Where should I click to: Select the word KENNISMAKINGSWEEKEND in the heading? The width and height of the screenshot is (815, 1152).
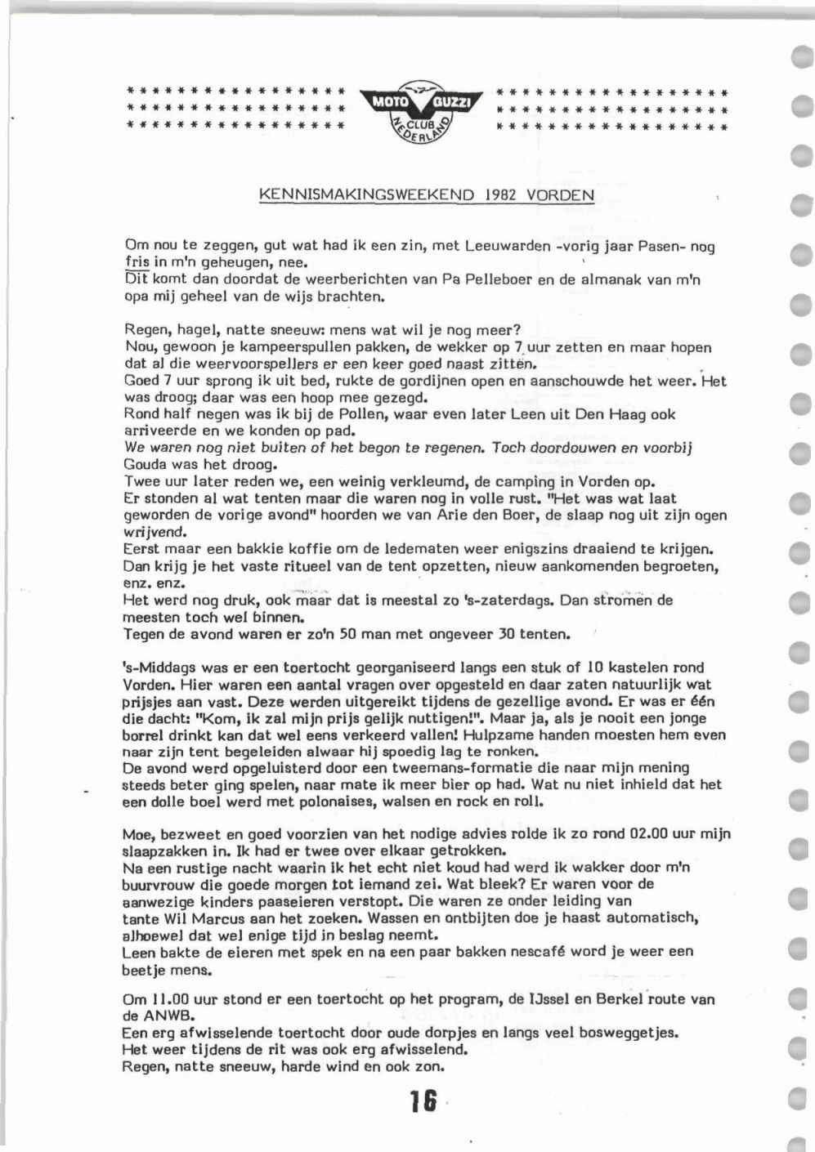coord(366,196)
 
